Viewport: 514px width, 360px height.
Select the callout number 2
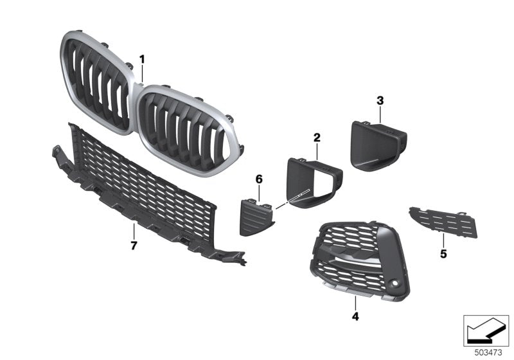point(316,137)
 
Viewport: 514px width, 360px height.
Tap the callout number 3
point(380,100)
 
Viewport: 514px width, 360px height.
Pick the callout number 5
point(443,254)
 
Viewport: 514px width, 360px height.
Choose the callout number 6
point(259,178)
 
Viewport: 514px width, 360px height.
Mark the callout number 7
point(134,246)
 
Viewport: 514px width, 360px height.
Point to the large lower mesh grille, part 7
point(141,186)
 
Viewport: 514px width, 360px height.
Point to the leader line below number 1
point(142,75)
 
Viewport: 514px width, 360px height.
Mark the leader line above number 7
point(134,231)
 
